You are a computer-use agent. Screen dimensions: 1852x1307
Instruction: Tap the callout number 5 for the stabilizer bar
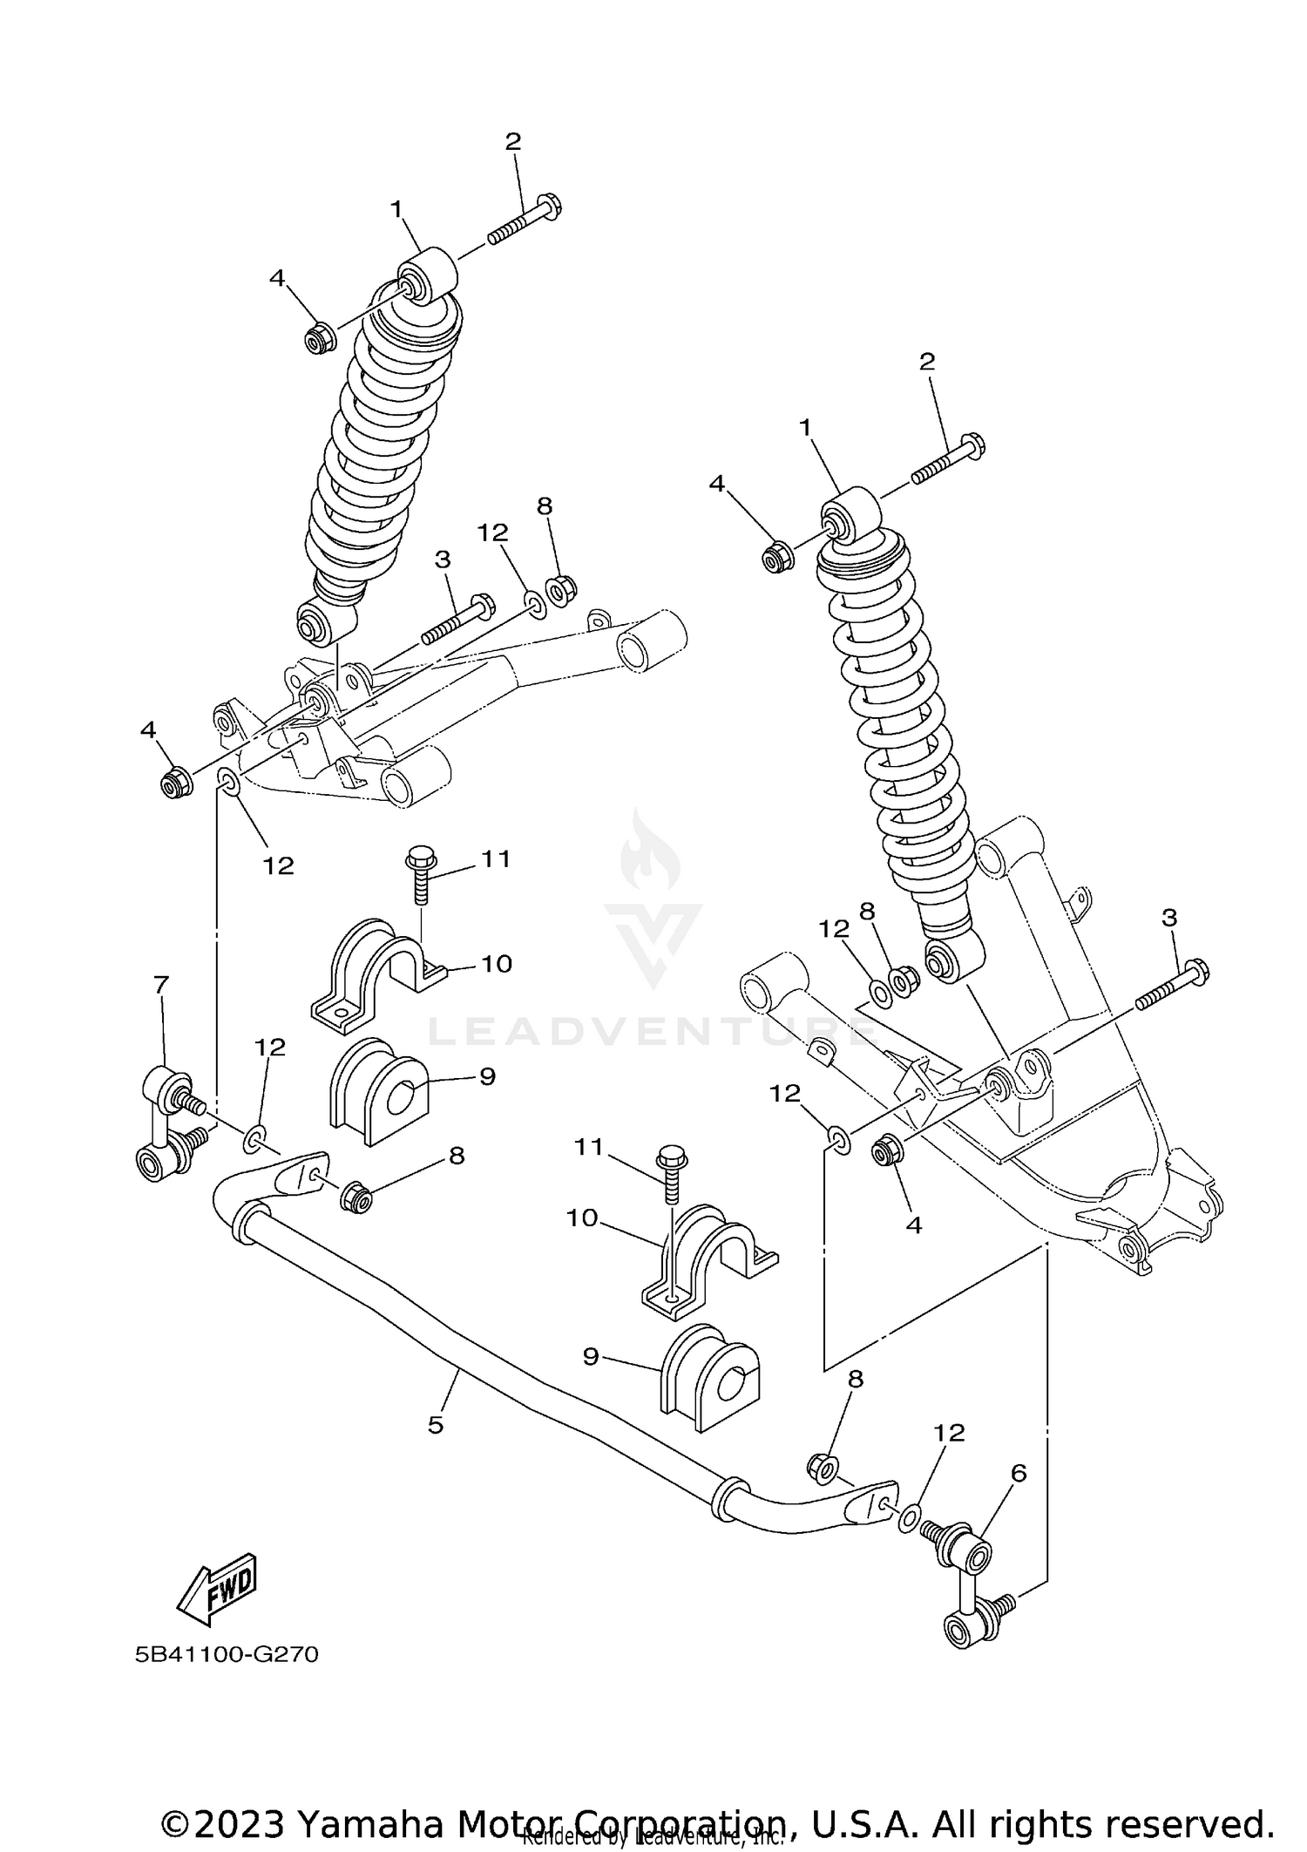pyautogui.click(x=436, y=1425)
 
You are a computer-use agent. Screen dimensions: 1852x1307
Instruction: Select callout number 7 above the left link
pyautogui.click(x=161, y=985)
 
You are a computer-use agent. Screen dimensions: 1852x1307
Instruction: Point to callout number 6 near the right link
pyautogui.click(x=1019, y=1473)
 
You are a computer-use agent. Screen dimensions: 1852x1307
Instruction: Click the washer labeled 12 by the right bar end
pyautogui.click(x=907, y=1517)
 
